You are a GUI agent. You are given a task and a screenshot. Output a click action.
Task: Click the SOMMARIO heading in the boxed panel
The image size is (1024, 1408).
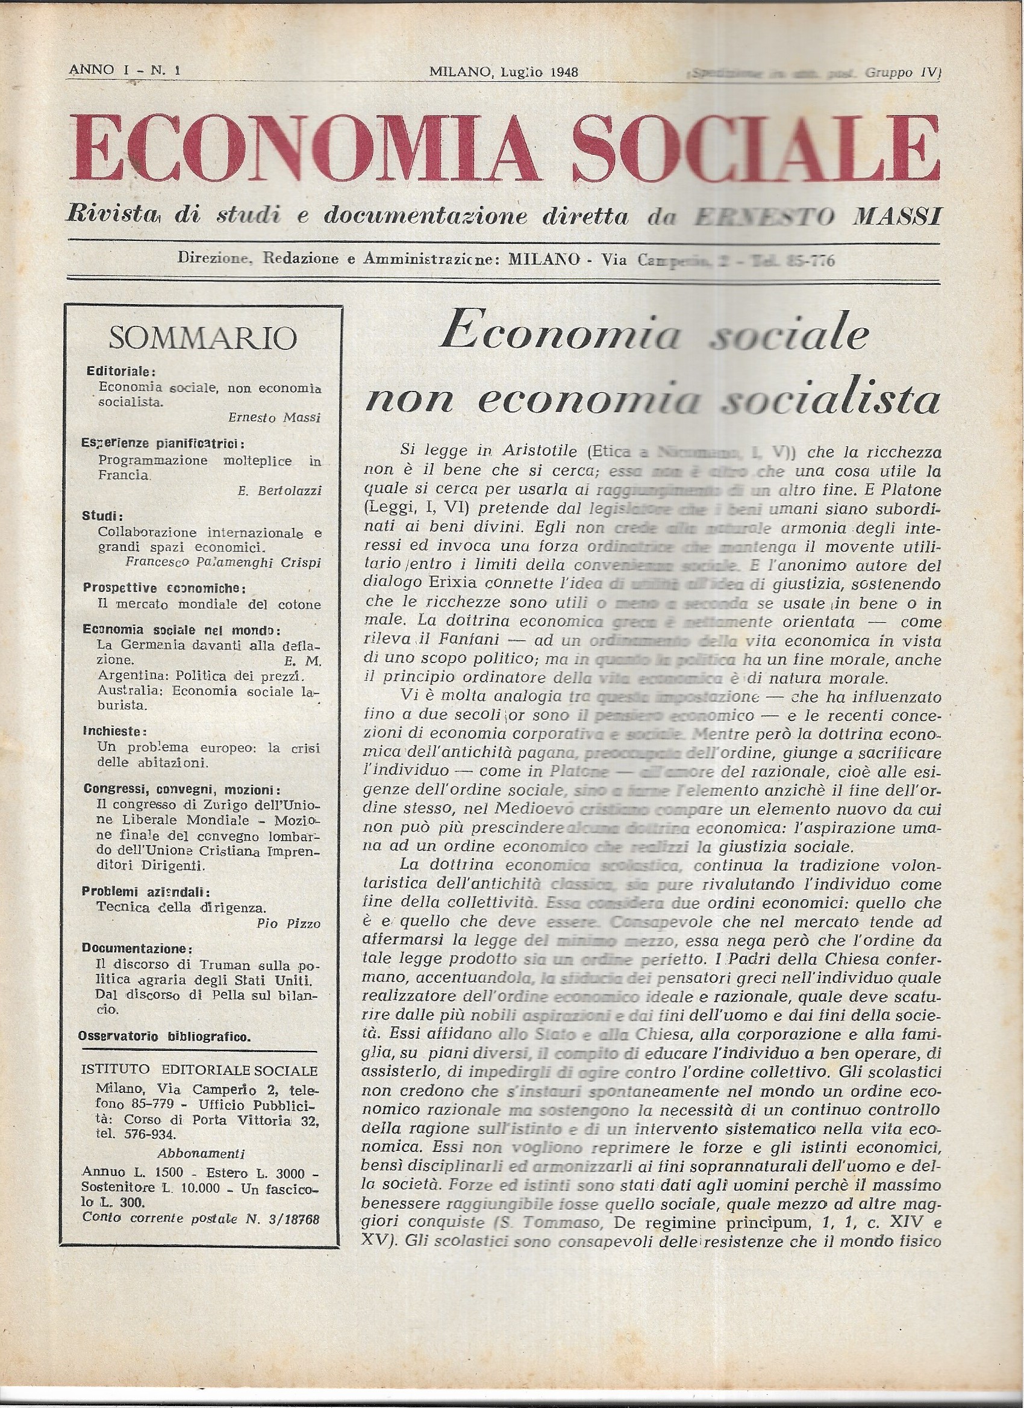coord(202,339)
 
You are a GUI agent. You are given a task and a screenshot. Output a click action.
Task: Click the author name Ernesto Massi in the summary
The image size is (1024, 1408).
coord(274,418)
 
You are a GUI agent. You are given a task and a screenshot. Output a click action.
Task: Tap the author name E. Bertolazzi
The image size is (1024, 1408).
coord(279,491)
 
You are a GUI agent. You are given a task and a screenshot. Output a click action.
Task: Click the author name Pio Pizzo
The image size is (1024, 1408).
coord(288,923)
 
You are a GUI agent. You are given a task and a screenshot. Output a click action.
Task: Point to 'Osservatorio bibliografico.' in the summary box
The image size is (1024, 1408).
coord(165,1036)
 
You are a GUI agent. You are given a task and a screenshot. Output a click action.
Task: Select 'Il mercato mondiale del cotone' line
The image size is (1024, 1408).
coord(209,604)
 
